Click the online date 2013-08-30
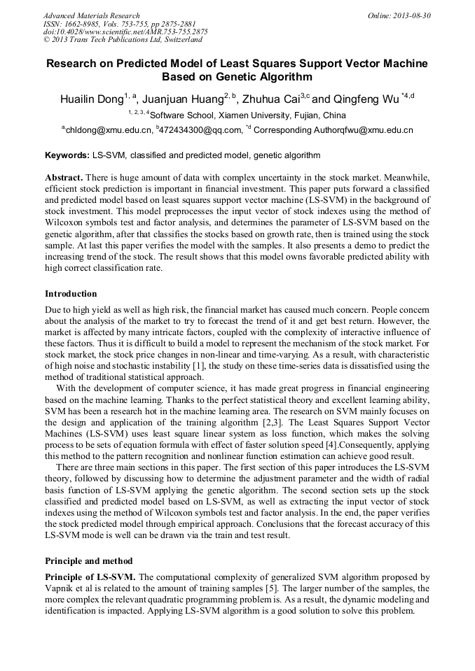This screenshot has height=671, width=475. point(413,15)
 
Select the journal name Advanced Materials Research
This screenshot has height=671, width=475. point(91,15)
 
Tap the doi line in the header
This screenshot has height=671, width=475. point(125,31)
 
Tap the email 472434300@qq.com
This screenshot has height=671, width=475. point(201,130)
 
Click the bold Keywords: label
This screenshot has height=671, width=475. point(67,155)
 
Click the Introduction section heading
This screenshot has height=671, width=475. point(71,294)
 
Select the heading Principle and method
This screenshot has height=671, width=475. point(88,561)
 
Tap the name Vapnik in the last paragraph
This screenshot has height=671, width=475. point(60,588)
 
